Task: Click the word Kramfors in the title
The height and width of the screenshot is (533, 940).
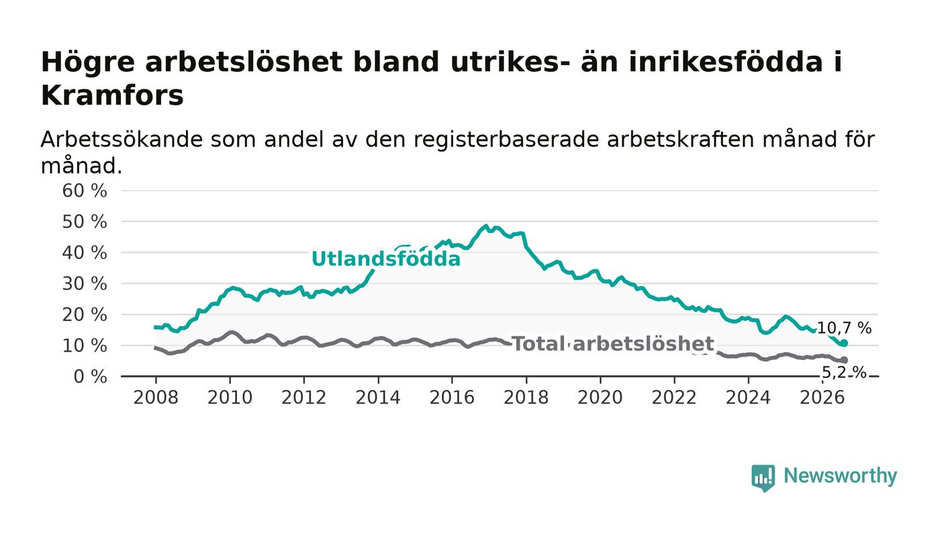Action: click(112, 96)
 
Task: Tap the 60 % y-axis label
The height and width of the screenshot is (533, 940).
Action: click(85, 191)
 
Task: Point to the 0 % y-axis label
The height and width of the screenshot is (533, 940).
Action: click(90, 377)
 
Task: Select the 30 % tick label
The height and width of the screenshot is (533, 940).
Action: click(85, 284)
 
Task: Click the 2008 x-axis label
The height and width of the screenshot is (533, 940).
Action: click(156, 397)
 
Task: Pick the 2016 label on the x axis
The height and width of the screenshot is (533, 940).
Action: click(452, 397)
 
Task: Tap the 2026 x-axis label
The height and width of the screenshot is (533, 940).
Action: click(822, 397)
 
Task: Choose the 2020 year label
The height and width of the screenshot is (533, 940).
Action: click(600, 397)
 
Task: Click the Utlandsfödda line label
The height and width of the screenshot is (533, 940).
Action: click(386, 258)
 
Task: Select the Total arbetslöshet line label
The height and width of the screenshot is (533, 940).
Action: click(613, 344)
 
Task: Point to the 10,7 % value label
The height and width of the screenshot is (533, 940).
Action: click(845, 328)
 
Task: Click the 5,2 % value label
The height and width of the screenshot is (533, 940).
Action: click(844, 373)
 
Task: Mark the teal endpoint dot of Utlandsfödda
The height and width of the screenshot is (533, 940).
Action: click(845, 343)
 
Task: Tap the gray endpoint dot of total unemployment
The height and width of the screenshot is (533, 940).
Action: click(845, 360)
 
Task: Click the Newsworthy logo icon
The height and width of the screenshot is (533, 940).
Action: click(763, 477)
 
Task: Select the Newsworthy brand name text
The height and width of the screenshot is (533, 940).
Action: click(840, 476)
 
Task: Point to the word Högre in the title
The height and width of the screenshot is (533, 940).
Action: click(88, 63)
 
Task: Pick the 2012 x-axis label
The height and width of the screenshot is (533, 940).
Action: click(303, 397)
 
